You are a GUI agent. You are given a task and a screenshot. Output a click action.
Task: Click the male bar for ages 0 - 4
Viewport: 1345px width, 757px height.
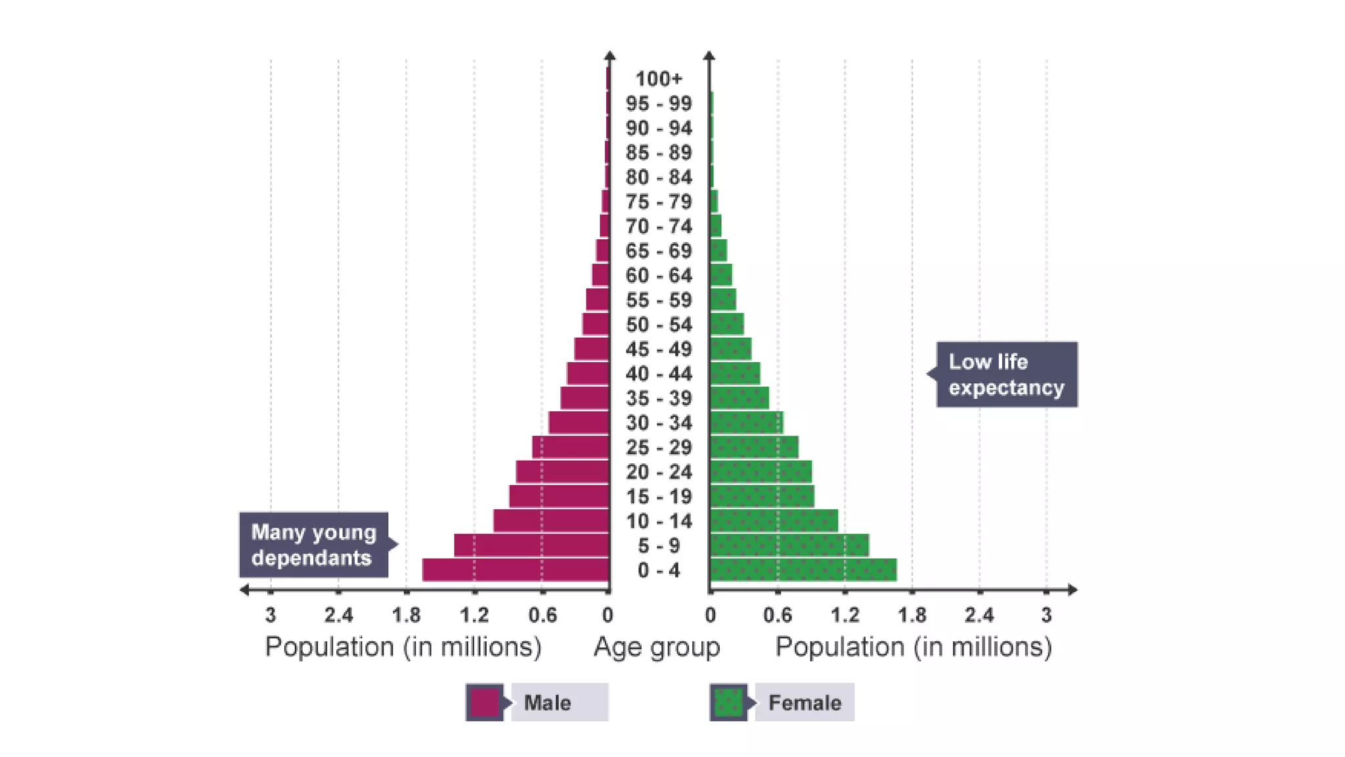click(x=516, y=570)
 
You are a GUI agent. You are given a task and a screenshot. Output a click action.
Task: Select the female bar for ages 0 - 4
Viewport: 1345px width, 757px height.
click(x=803, y=570)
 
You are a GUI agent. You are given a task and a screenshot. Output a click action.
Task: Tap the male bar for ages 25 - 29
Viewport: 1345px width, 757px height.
click(x=570, y=447)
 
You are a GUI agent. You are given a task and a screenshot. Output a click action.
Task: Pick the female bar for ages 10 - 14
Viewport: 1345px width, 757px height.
click(x=774, y=520)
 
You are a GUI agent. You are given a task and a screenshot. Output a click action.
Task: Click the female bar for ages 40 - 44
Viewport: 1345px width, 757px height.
click(x=735, y=373)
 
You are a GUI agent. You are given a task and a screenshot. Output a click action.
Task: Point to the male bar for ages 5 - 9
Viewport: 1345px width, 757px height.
click(x=531, y=545)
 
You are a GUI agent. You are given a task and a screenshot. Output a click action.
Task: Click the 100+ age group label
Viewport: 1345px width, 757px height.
click(x=659, y=79)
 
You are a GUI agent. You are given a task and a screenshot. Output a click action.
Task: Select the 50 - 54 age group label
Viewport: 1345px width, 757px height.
click(x=659, y=325)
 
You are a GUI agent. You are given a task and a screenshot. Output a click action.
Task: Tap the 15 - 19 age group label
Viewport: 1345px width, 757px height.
click(x=659, y=497)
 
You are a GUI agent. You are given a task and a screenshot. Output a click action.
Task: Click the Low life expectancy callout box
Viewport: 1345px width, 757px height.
click(x=1006, y=375)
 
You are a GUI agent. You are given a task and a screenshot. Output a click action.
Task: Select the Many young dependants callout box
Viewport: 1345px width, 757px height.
click(x=314, y=545)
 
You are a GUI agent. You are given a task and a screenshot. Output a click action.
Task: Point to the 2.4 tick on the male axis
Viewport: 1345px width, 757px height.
click(x=338, y=615)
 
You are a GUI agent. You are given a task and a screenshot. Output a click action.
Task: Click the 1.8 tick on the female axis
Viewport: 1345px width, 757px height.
click(x=912, y=615)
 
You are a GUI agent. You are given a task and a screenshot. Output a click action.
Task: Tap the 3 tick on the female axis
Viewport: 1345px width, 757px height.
click(x=1046, y=615)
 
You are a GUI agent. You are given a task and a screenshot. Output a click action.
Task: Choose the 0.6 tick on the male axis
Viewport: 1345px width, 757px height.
click(x=542, y=615)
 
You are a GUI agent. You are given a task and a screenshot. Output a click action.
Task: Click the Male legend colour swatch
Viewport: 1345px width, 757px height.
click(x=485, y=702)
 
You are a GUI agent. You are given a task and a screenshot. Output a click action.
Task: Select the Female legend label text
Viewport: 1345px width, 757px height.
click(x=805, y=703)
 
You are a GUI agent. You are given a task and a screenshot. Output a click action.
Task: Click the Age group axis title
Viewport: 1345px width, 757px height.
click(x=657, y=647)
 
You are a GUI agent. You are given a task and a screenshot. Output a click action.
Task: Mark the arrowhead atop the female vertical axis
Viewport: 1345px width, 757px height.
click(x=709, y=55)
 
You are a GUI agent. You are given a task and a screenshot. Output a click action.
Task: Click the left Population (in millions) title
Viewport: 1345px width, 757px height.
click(x=403, y=647)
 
